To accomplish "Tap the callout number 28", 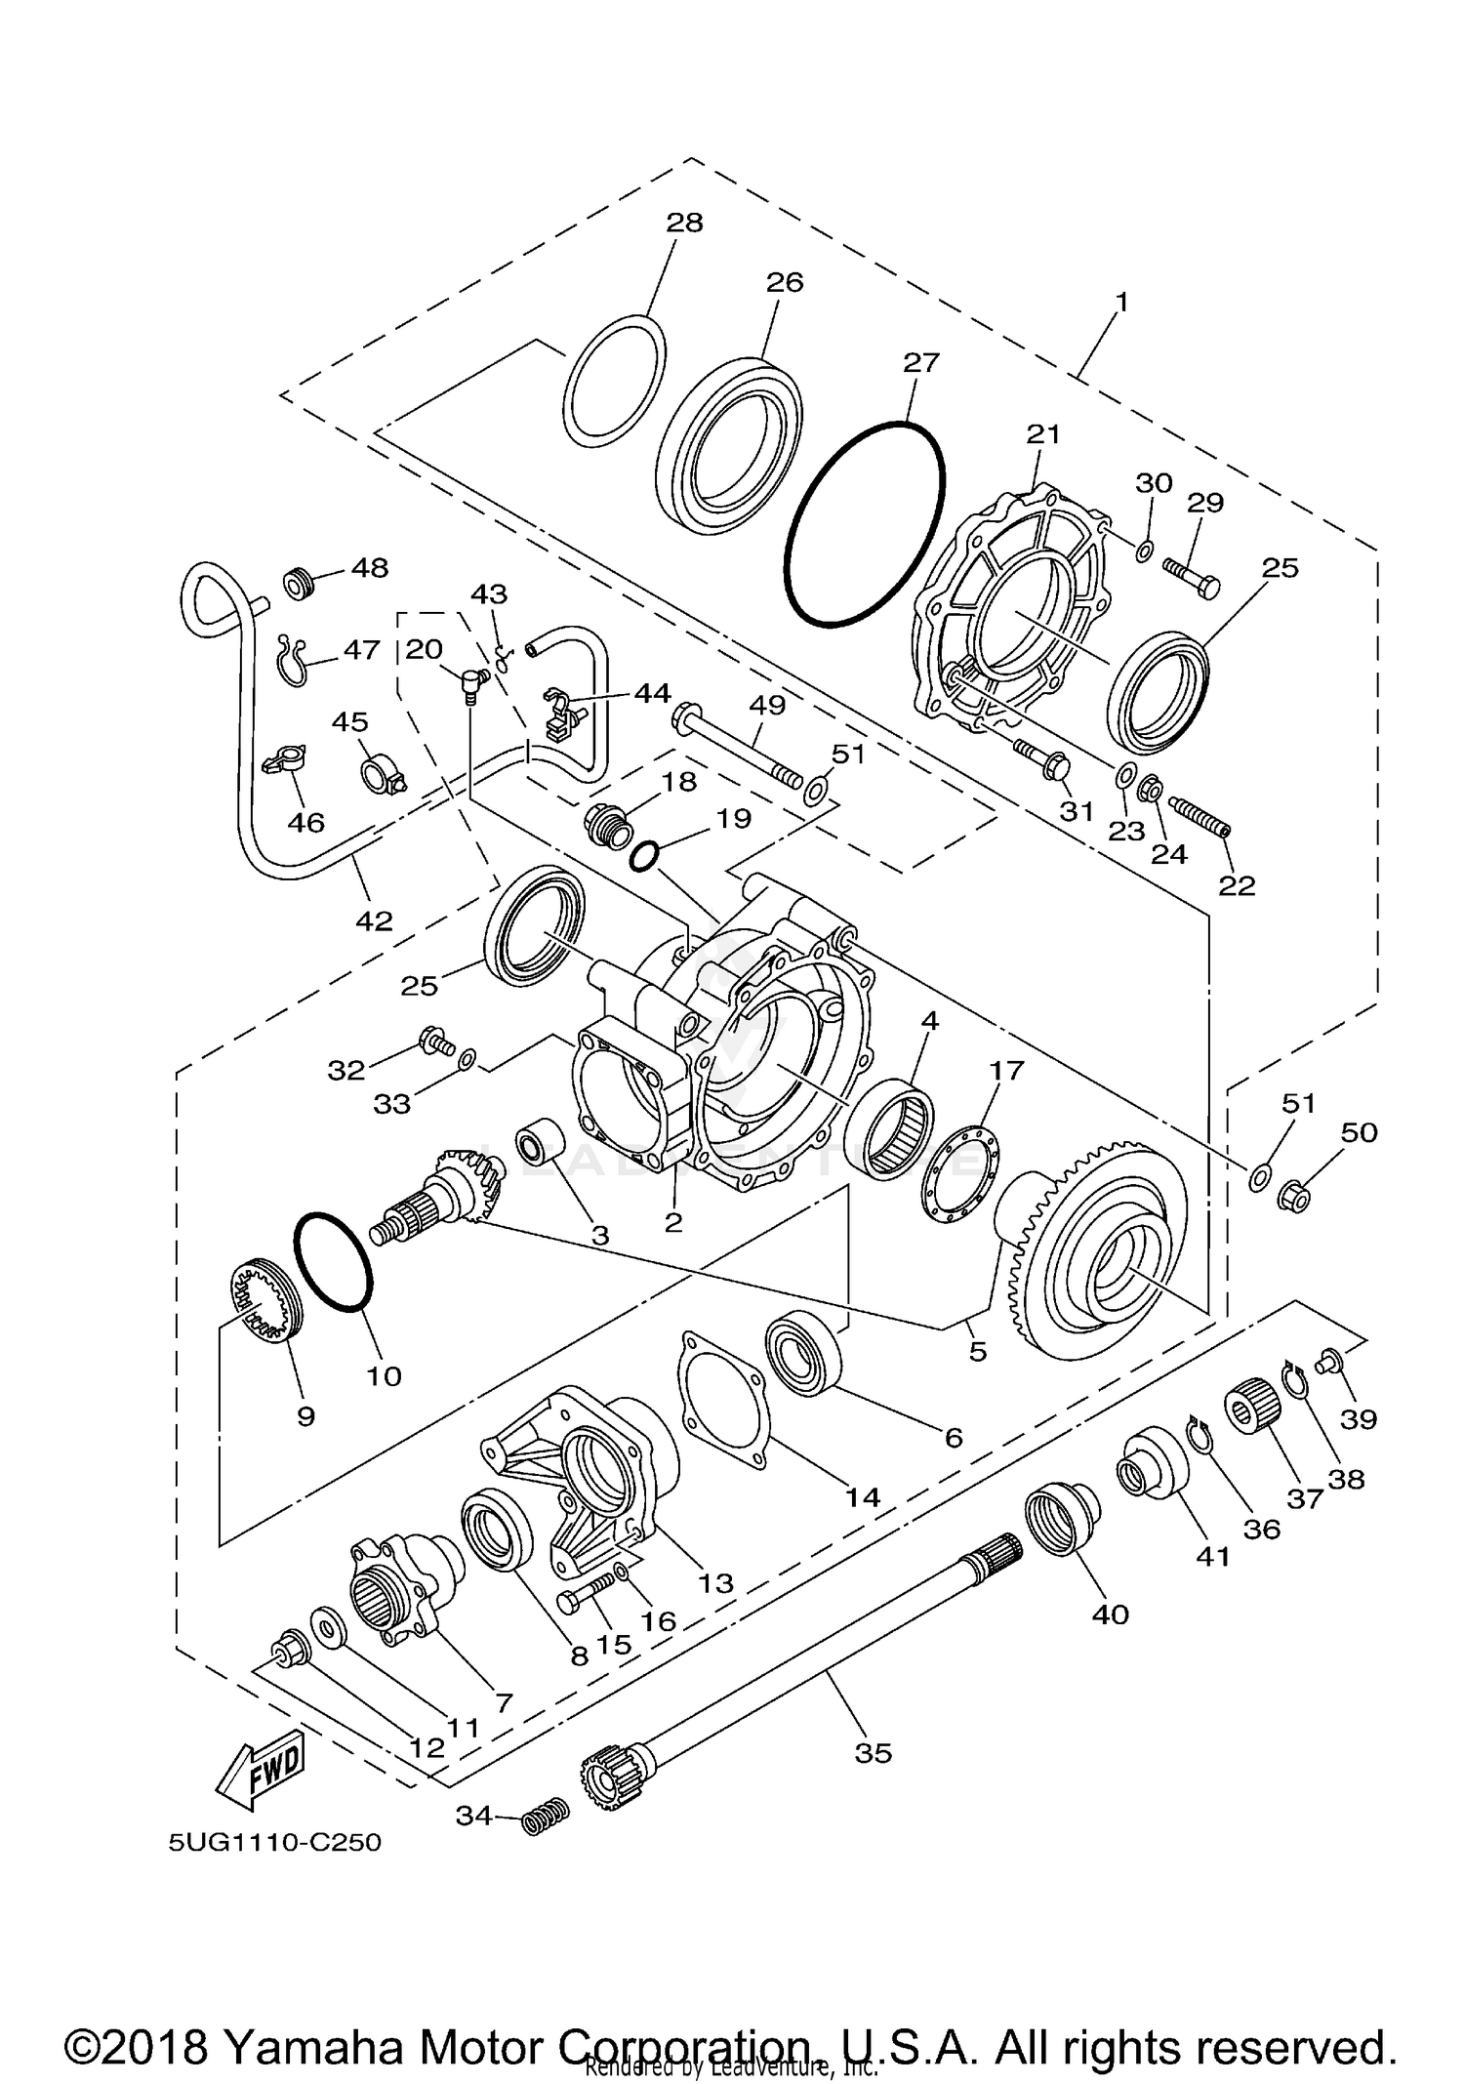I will (684, 223).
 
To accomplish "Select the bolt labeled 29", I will (1192, 577).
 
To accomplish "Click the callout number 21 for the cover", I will (1043, 433).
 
